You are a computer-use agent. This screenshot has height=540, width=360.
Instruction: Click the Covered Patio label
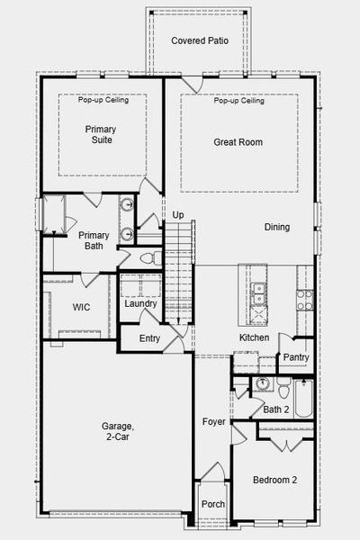pyautogui.click(x=199, y=41)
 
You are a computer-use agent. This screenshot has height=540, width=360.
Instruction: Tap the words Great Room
pyautogui.click(x=238, y=142)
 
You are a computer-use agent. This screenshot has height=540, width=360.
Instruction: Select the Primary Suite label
pyautogui.click(x=101, y=135)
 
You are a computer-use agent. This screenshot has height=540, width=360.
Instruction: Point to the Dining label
pyautogui.click(x=277, y=227)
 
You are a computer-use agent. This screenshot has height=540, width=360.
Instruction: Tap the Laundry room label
pyautogui.click(x=141, y=304)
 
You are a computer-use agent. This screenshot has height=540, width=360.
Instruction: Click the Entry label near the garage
pyautogui.click(x=151, y=339)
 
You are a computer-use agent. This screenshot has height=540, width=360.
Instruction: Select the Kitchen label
pyautogui.click(x=255, y=337)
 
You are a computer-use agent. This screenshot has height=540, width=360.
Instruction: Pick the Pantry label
pyautogui.click(x=296, y=357)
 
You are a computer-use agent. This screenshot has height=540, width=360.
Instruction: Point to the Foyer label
pyautogui.click(x=213, y=421)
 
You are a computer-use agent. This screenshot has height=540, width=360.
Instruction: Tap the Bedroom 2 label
pyautogui.click(x=274, y=480)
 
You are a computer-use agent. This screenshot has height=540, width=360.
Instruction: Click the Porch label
pyautogui.click(x=212, y=505)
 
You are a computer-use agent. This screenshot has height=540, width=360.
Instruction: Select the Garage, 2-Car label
pyautogui.click(x=117, y=432)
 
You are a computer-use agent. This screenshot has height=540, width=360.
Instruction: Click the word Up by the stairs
pyautogui.click(x=178, y=215)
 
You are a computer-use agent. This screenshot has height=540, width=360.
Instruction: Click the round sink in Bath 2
pyautogui.click(x=261, y=386)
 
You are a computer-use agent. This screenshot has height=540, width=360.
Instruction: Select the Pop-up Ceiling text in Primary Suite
pyautogui.click(x=103, y=100)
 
